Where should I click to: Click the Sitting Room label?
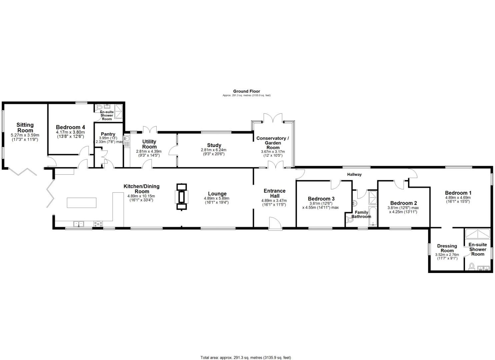point(25,127)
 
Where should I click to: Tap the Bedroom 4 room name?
point(70,127)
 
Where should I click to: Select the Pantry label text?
point(108,134)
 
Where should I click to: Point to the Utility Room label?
point(149,144)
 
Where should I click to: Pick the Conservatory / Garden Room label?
point(273,143)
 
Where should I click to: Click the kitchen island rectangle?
point(82,203)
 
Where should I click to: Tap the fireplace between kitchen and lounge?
point(182,197)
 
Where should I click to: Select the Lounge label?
point(217,194)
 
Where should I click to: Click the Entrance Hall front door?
point(275,224)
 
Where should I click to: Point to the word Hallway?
point(354,174)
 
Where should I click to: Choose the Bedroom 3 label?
point(321,199)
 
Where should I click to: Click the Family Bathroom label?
point(361,214)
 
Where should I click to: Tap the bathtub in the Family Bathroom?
point(373,217)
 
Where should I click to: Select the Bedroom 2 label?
point(403,203)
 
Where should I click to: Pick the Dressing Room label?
point(447,248)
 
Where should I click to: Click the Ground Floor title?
point(246,91)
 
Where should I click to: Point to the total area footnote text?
point(246,358)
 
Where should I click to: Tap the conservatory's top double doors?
point(273,118)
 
